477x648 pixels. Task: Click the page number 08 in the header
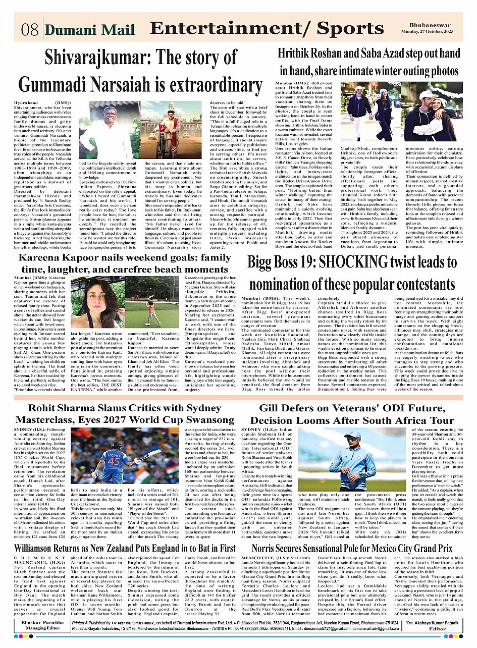pos(30,29)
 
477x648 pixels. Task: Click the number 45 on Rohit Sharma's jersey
pos(115,462)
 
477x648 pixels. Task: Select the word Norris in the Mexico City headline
pos(267,548)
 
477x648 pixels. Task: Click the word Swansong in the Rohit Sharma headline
pos(210,420)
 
